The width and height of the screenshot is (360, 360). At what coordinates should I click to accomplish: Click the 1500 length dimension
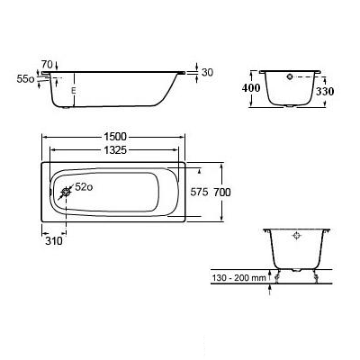click(x=115, y=137)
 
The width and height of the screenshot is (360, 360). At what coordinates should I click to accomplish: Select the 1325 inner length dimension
click(x=115, y=149)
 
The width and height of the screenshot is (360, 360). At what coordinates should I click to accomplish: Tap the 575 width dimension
click(x=199, y=192)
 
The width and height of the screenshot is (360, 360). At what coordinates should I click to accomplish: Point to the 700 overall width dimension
click(x=222, y=192)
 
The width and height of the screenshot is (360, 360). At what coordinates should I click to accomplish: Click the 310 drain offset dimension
click(x=54, y=240)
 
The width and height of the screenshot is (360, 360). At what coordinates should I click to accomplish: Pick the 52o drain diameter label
click(x=84, y=187)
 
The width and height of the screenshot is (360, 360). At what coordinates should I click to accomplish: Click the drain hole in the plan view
click(x=66, y=193)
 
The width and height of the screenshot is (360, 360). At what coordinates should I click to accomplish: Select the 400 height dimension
click(x=251, y=88)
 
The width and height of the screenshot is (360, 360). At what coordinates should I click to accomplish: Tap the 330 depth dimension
click(x=325, y=91)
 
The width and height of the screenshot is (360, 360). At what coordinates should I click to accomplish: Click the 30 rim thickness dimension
click(x=207, y=72)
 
